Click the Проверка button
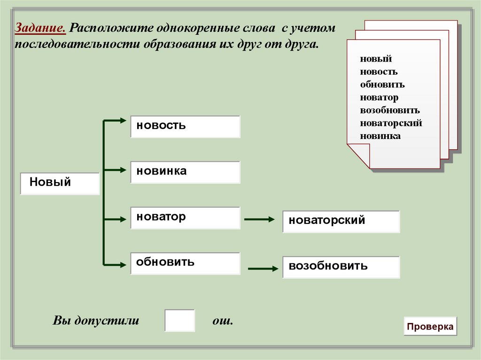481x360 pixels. coord(430,327)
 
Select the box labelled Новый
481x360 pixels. coord(60,183)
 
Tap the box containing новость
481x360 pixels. coord(185,127)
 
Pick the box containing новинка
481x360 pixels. coord(185,172)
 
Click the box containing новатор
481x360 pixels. coord(185,218)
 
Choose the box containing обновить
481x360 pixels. coord(185,263)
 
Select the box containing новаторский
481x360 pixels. coord(341,222)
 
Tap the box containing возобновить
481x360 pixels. coord(341,267)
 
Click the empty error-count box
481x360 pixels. coord(179,321)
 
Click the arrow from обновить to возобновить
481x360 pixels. coord(263,269)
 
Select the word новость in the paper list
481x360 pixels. coord(379,72)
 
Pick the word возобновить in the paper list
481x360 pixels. coord(390,110)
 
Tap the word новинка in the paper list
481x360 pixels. coord(380,136)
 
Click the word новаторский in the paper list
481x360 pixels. coord(391,123)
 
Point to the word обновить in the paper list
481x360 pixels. coord(382,84)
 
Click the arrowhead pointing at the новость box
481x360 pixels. coord(123,121)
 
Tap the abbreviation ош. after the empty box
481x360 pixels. coord(223,321)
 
